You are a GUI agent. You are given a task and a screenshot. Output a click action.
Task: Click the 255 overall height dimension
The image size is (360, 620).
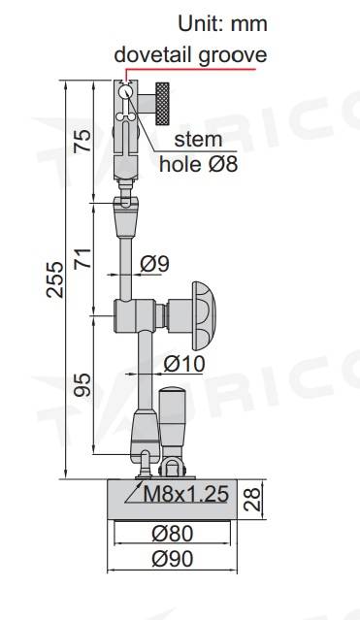click(x=54, y=279)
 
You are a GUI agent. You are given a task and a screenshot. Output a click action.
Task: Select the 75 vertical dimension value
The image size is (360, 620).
click(x=82, y=141)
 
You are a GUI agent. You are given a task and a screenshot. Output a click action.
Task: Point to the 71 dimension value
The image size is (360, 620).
click(x=82, y=258)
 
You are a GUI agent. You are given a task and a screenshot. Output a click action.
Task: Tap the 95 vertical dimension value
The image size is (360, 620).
click(x=82, y=385)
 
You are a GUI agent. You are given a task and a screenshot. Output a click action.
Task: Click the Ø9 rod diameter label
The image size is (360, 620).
click(x=154, y=264)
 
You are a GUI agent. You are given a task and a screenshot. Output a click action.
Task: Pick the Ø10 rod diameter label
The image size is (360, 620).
click(x=184, y=364)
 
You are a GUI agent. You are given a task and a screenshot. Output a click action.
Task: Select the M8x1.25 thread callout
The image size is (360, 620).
click(x=186, y=494)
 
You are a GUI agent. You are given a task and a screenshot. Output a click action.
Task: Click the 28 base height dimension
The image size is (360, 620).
click(x=252, y=500)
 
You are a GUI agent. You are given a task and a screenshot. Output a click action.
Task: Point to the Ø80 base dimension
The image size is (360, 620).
click(x=173, y=534)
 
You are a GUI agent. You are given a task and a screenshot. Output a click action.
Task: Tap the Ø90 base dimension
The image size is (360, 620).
click(x=173, y=559)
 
